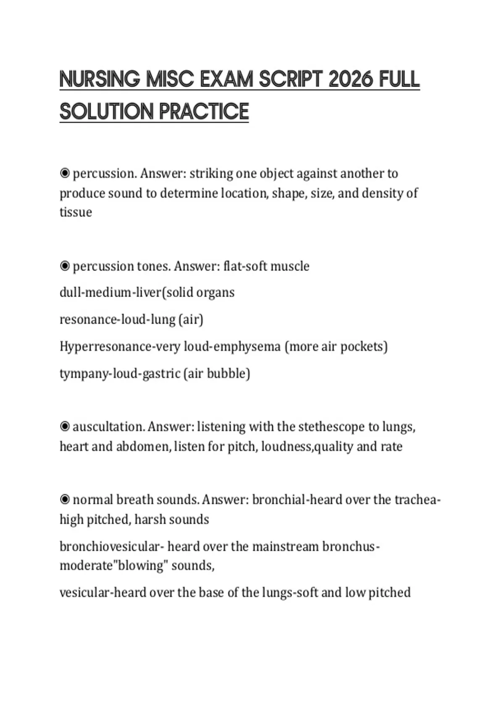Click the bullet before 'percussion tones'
[65, 266]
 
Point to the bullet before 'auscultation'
[65, 427]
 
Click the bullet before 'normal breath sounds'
[65, 500]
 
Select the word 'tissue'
[76, 212]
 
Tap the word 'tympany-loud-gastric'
[120, 373]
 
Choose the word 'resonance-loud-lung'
[117, 320]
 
